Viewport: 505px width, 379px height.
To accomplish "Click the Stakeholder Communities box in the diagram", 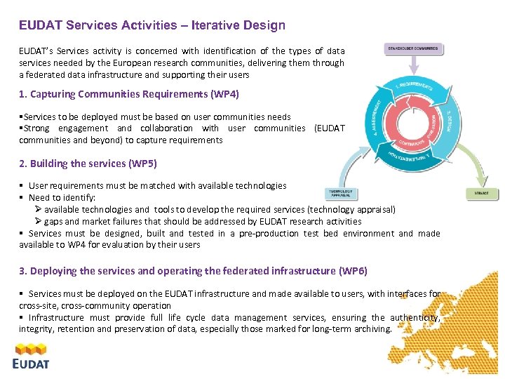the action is (413, 49).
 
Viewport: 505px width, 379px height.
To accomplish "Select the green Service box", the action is (482, 193).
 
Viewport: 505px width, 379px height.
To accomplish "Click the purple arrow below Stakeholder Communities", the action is (413, 65).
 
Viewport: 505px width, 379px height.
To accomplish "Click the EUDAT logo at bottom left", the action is (32, 355).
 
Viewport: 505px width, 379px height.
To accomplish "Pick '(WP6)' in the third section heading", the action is (352, 271).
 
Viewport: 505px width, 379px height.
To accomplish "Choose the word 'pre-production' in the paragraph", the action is (270, 233).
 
